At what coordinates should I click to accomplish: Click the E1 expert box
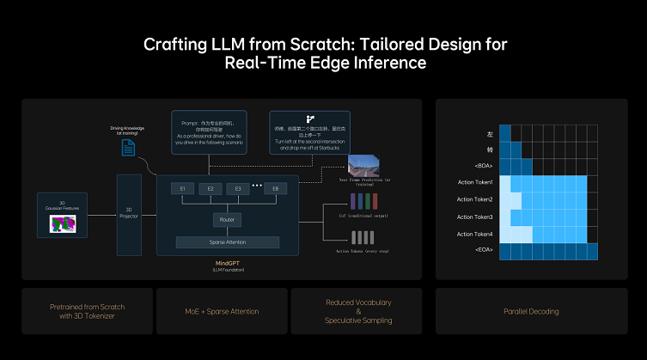182,188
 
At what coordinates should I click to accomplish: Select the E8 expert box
275,188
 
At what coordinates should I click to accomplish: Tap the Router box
227,220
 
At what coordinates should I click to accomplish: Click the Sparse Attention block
227,242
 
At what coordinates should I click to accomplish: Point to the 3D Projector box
129,214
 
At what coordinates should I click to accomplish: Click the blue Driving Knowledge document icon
129,147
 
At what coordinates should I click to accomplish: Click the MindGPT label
227,263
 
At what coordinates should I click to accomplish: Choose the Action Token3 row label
475,217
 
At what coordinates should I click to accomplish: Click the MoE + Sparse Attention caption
222,310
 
